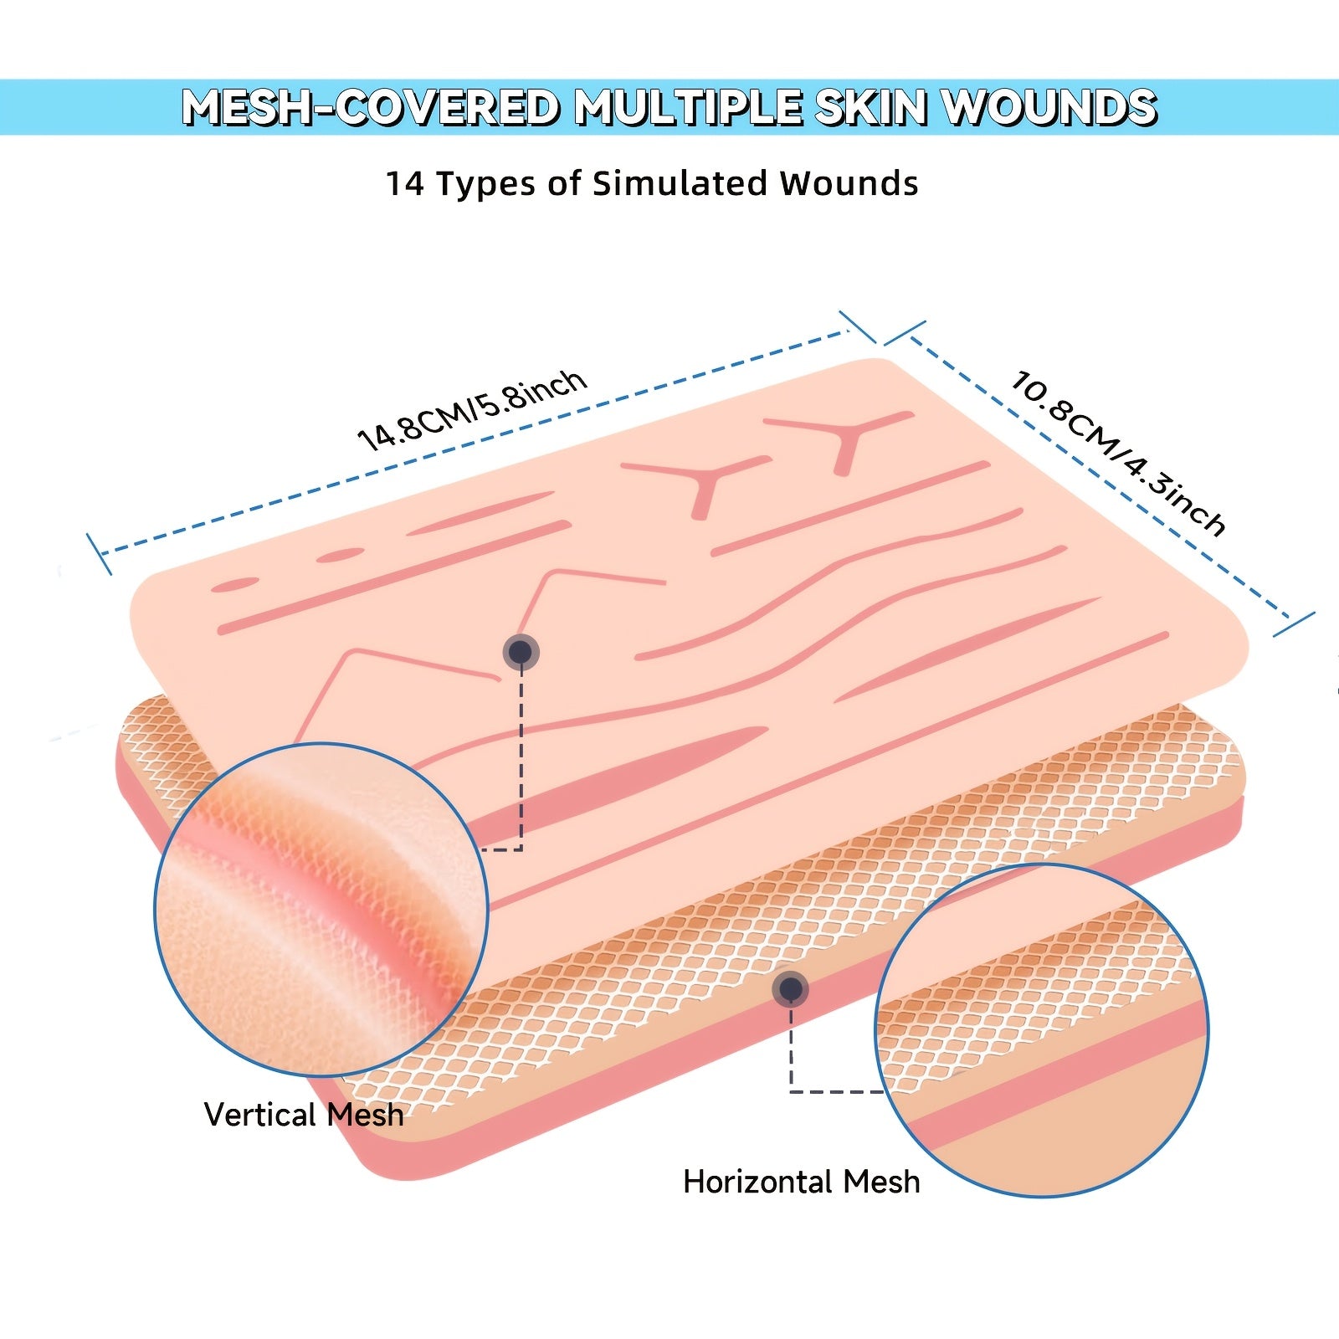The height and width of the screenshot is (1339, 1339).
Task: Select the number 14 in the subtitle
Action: click(405, 183)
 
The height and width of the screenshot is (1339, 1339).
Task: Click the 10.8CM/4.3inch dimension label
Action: click(1118, 452)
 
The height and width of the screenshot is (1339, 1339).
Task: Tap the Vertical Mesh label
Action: click(304, 1115)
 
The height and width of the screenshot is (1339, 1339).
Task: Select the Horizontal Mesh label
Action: click(802, 1182)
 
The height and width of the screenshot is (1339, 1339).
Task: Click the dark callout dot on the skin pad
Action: click(521, 652)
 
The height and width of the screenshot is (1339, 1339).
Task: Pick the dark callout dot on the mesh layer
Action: click(790, 990)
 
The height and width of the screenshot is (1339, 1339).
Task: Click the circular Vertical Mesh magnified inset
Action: click(321, 909)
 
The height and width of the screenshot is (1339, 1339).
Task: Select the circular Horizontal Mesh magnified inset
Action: click(1042, 1030)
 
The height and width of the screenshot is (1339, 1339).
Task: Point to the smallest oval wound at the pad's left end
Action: click(234, 584)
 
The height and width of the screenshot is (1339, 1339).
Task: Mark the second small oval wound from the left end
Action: click(340, 555)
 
